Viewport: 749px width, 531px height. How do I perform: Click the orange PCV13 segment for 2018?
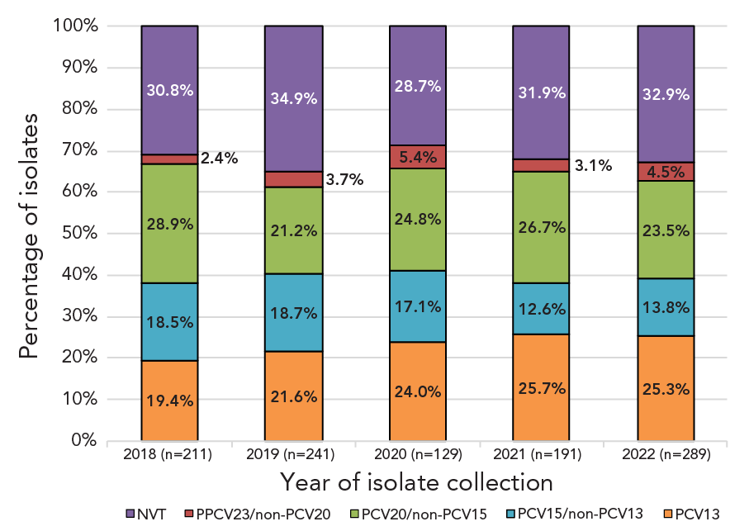coord(169,401)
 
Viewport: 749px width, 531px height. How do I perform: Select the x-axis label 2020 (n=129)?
coord(417,454)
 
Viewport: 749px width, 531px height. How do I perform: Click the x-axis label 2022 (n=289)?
coord(666,454)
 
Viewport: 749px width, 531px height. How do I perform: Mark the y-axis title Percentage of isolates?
coord(29,234)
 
